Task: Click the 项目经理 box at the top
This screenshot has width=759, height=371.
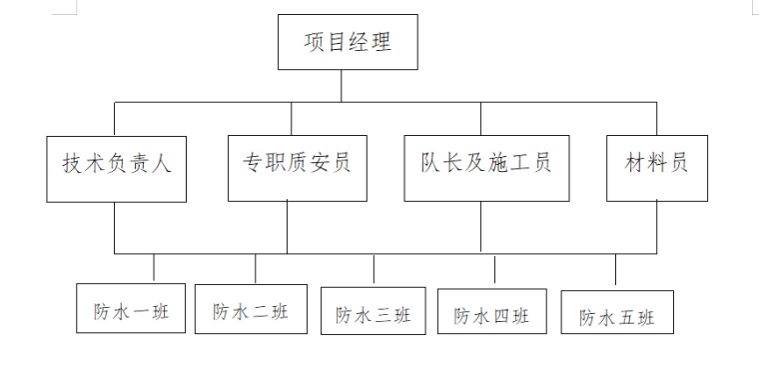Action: click(347, 43)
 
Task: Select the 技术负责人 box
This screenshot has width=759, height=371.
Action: click(117, 164)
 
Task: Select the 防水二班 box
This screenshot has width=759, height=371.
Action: click(251, 310)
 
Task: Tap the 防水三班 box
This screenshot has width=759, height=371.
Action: click(374, 315)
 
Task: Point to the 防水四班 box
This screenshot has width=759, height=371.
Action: click(491, 315)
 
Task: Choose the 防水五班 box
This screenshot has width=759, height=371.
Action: click(617, 316)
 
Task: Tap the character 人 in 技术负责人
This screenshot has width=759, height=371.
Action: click(162, 164)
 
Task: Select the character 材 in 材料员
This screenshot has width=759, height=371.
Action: click(635, 163)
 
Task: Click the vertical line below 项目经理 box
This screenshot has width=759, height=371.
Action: click(342, 86)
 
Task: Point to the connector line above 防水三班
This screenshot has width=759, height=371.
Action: click(374, 269)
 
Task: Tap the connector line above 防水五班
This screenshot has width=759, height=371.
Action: click(615, 270)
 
